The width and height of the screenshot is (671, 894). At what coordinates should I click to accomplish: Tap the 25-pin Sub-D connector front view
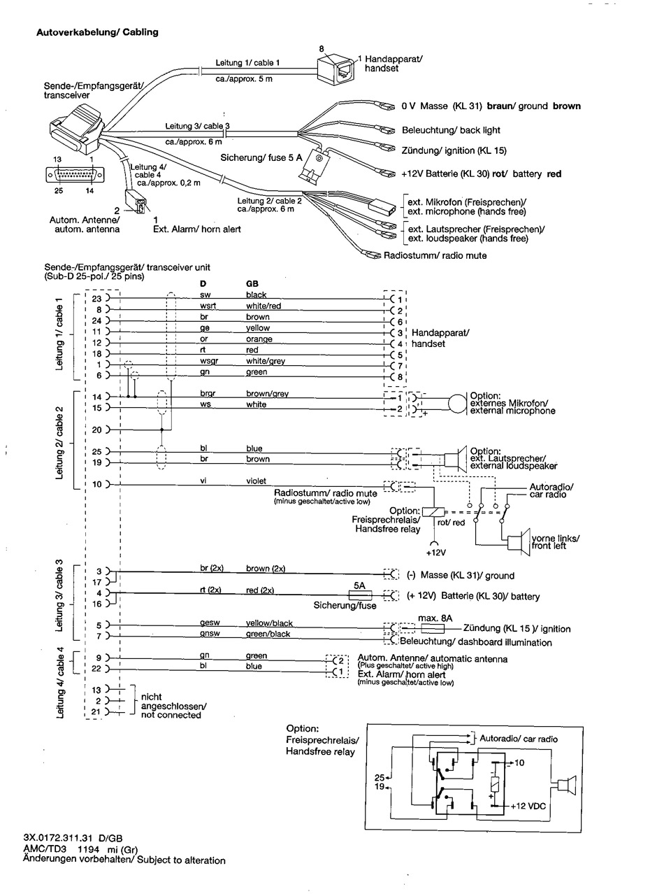click(x=76, y=173)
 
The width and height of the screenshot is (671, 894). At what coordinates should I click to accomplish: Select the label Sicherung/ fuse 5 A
click(x=261, y=157)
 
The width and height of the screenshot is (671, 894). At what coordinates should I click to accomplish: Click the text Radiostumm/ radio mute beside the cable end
click(x=435, y=255)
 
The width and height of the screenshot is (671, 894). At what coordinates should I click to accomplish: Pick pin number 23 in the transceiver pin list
click(x=98, y=299)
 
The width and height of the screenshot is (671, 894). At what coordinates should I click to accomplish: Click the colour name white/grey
click(x=265, y=361)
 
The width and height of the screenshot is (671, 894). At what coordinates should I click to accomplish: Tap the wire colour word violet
click(x=256, y=481)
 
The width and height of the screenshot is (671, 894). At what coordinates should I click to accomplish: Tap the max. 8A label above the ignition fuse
click(x=435, y=618)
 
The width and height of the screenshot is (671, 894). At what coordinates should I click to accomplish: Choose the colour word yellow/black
click(x=269, y=623)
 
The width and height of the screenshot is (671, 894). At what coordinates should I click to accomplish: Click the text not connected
click(x=171, y=715)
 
